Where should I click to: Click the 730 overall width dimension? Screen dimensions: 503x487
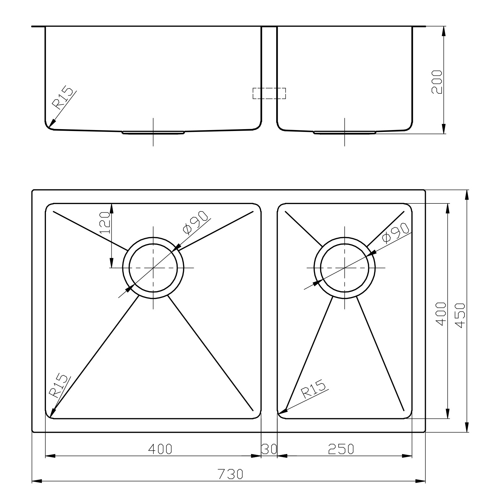coord(231,474)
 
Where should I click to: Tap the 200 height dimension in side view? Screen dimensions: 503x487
coord(437,82)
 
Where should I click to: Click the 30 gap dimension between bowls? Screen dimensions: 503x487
coord(269,449)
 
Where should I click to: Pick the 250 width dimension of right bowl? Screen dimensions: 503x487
coord(340,449)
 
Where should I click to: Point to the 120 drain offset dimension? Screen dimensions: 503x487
coord(105,223)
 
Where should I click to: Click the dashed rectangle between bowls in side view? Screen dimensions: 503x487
coord(269,93)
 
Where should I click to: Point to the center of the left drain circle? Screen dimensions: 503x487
coord(153,268)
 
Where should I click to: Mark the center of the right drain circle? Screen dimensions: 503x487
coord(344,268)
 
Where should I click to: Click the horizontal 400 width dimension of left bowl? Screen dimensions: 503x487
coord(160,449)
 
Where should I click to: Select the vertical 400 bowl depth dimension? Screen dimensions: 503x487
coord(442,314)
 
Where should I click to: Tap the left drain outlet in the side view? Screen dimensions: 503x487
coord(153,133)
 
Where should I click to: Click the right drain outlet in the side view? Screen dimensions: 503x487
coord(344,133)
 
